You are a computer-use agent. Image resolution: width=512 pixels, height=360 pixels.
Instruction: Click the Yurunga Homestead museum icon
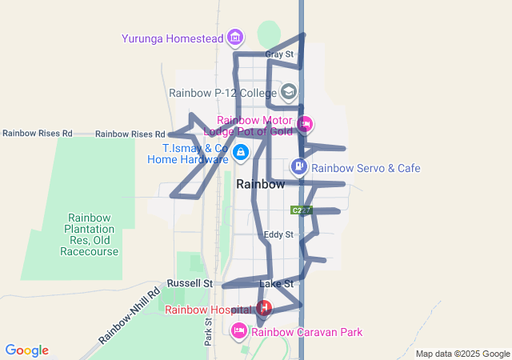pyautogui.click(x=235, y=37)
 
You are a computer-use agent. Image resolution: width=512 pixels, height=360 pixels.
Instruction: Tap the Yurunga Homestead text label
pyautogui.click(x=173, y=38)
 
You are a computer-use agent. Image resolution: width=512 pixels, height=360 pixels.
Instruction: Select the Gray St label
pyautogui.click(x=280, y=54)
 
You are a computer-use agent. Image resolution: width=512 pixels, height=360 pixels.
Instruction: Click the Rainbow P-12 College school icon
pyautogui.click(x=288, y=92)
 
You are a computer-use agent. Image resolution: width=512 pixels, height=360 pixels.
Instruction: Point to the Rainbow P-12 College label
pyautogui.click(x=223, y=93)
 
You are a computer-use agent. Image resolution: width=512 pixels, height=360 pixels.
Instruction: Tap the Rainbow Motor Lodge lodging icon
pyautogui.click(x=305, y=124)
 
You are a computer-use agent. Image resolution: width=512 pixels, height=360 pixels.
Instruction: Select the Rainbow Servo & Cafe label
pyautogui.click(x=366, y=168)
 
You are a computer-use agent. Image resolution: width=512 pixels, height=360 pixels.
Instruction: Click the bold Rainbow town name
pyautogui.click(x=261, y=184)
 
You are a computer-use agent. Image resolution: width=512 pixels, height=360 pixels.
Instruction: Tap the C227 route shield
pyautogui.click(x=300, y=210)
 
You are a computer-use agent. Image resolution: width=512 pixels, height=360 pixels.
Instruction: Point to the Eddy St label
pyautogui.click(x=280, y=235)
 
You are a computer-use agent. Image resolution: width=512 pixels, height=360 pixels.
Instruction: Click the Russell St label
pyautogui.click(x=190, y=283)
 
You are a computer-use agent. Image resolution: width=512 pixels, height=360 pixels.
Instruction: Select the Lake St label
pyautogui.click(x=277, y=284)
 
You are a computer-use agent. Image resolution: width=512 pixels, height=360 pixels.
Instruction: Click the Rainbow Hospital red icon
pyautogui.click(x=265, y=309)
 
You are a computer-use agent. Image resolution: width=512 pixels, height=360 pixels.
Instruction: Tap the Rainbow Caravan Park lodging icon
pyautogui.click(x=238, y=330)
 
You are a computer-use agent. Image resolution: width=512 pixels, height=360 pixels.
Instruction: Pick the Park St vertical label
pyautogui.click(x=208, y=331)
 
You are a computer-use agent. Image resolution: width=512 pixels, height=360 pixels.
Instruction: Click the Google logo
pyautogui.click(x=27, y=350)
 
